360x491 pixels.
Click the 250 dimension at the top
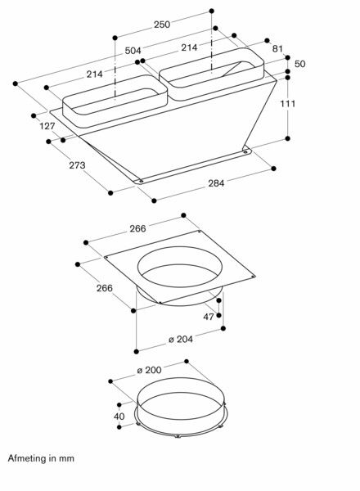pyautogui.click(x=162, y=25)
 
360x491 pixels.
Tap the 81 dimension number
pyautogui.click(x=277, y=49)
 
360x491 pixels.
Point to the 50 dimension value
pyautogui.click(x=299, y=63)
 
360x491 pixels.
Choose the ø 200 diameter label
pyautogui.click(x=149, y=371)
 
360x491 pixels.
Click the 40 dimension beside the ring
pyautogui.click(x=119, y=416)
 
